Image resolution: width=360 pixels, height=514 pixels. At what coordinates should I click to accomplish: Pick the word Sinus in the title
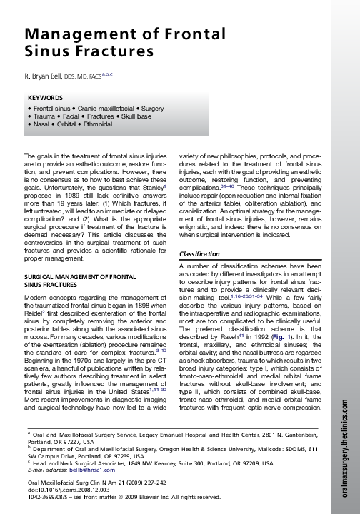coord(45,52)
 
